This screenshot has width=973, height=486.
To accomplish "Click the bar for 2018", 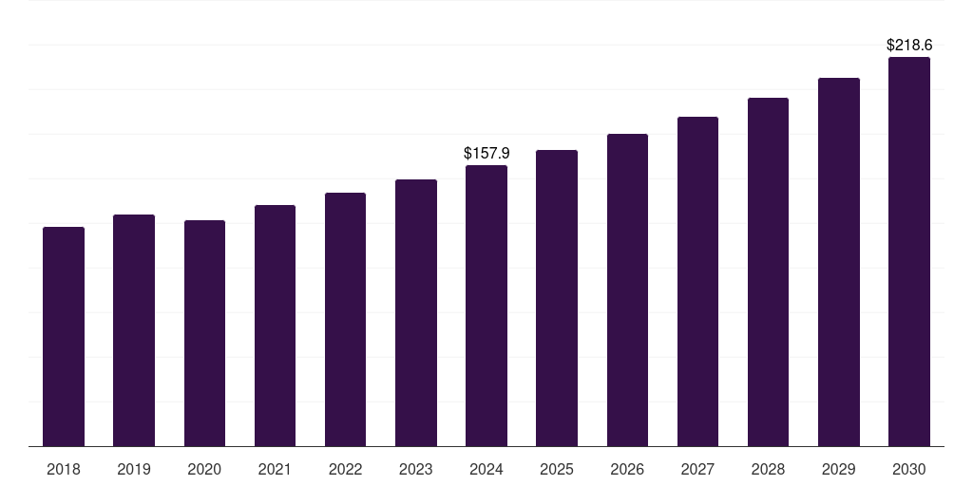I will point(64,337).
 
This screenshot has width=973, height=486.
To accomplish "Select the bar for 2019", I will point(134,330).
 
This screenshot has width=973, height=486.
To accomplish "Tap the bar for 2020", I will point(204,333).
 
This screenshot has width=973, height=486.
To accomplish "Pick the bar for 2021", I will point(275,326).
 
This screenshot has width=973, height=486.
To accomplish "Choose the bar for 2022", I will point(345,320).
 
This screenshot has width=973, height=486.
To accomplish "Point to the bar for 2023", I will point(416,313).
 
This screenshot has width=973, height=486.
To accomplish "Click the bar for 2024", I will point(486,306).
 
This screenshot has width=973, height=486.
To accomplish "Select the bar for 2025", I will point(557,298).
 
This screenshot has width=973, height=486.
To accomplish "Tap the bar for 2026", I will point(627,290).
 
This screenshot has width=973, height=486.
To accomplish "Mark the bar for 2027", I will point(697,282).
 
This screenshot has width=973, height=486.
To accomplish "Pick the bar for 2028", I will point(768,272).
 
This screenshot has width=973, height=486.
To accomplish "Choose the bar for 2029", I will point(839,262).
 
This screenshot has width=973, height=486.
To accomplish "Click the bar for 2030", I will point(909,252).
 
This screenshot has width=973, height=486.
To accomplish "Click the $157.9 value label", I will point(486,153).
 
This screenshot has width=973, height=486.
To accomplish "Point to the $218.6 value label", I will point(909,45).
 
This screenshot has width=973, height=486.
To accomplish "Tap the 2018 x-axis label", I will point(64,469).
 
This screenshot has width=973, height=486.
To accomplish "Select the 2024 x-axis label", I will point(486,469).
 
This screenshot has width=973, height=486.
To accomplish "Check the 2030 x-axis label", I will point(909,469).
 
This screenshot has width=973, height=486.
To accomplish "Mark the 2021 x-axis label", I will point(275,469).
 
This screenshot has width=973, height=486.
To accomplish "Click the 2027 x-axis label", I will point(697,469).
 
